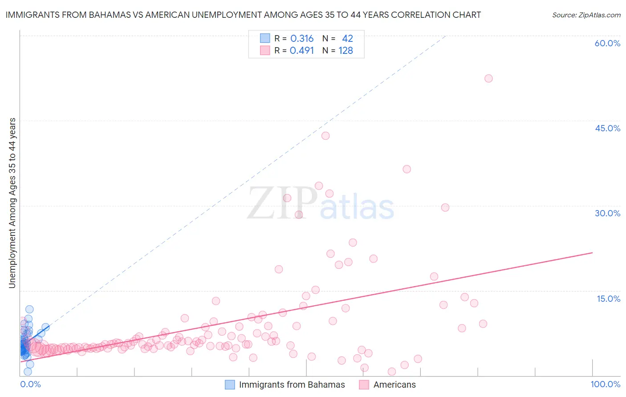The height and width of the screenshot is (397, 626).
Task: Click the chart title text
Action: tap(243, 15)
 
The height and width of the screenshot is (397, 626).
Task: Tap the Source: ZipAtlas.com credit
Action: tap(586, 15)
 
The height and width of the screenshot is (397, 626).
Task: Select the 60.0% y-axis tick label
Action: tap(607, 43)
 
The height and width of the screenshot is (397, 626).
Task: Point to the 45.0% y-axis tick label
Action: tap(607, 128)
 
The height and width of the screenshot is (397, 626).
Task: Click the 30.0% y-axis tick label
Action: tap(607, 213)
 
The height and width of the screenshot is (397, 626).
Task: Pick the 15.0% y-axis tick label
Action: tap(608, 298)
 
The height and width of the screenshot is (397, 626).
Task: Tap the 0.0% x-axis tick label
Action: tap(30, 384)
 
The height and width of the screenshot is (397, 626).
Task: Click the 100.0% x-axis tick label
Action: tap(605, 384)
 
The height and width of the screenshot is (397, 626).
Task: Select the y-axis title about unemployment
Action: tap(12, 203)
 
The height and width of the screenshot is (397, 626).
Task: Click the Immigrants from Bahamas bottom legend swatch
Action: tap(230, 385)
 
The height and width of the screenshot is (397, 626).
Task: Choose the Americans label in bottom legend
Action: tap(394, 385)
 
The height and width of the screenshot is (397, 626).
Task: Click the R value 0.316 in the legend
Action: tap(302, 39)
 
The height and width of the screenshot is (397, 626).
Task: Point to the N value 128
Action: tap(346, 51)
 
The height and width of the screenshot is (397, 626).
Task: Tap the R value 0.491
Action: tap(302, 51)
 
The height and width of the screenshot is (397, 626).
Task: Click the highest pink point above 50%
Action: tap(488, 78)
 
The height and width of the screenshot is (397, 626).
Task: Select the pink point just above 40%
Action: tap(325, 136)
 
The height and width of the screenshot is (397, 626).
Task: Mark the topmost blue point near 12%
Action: tap(29, 309)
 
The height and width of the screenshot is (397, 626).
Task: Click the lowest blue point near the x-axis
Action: tap(28, 372)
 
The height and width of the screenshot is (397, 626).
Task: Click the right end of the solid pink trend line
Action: tap(592, 253)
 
